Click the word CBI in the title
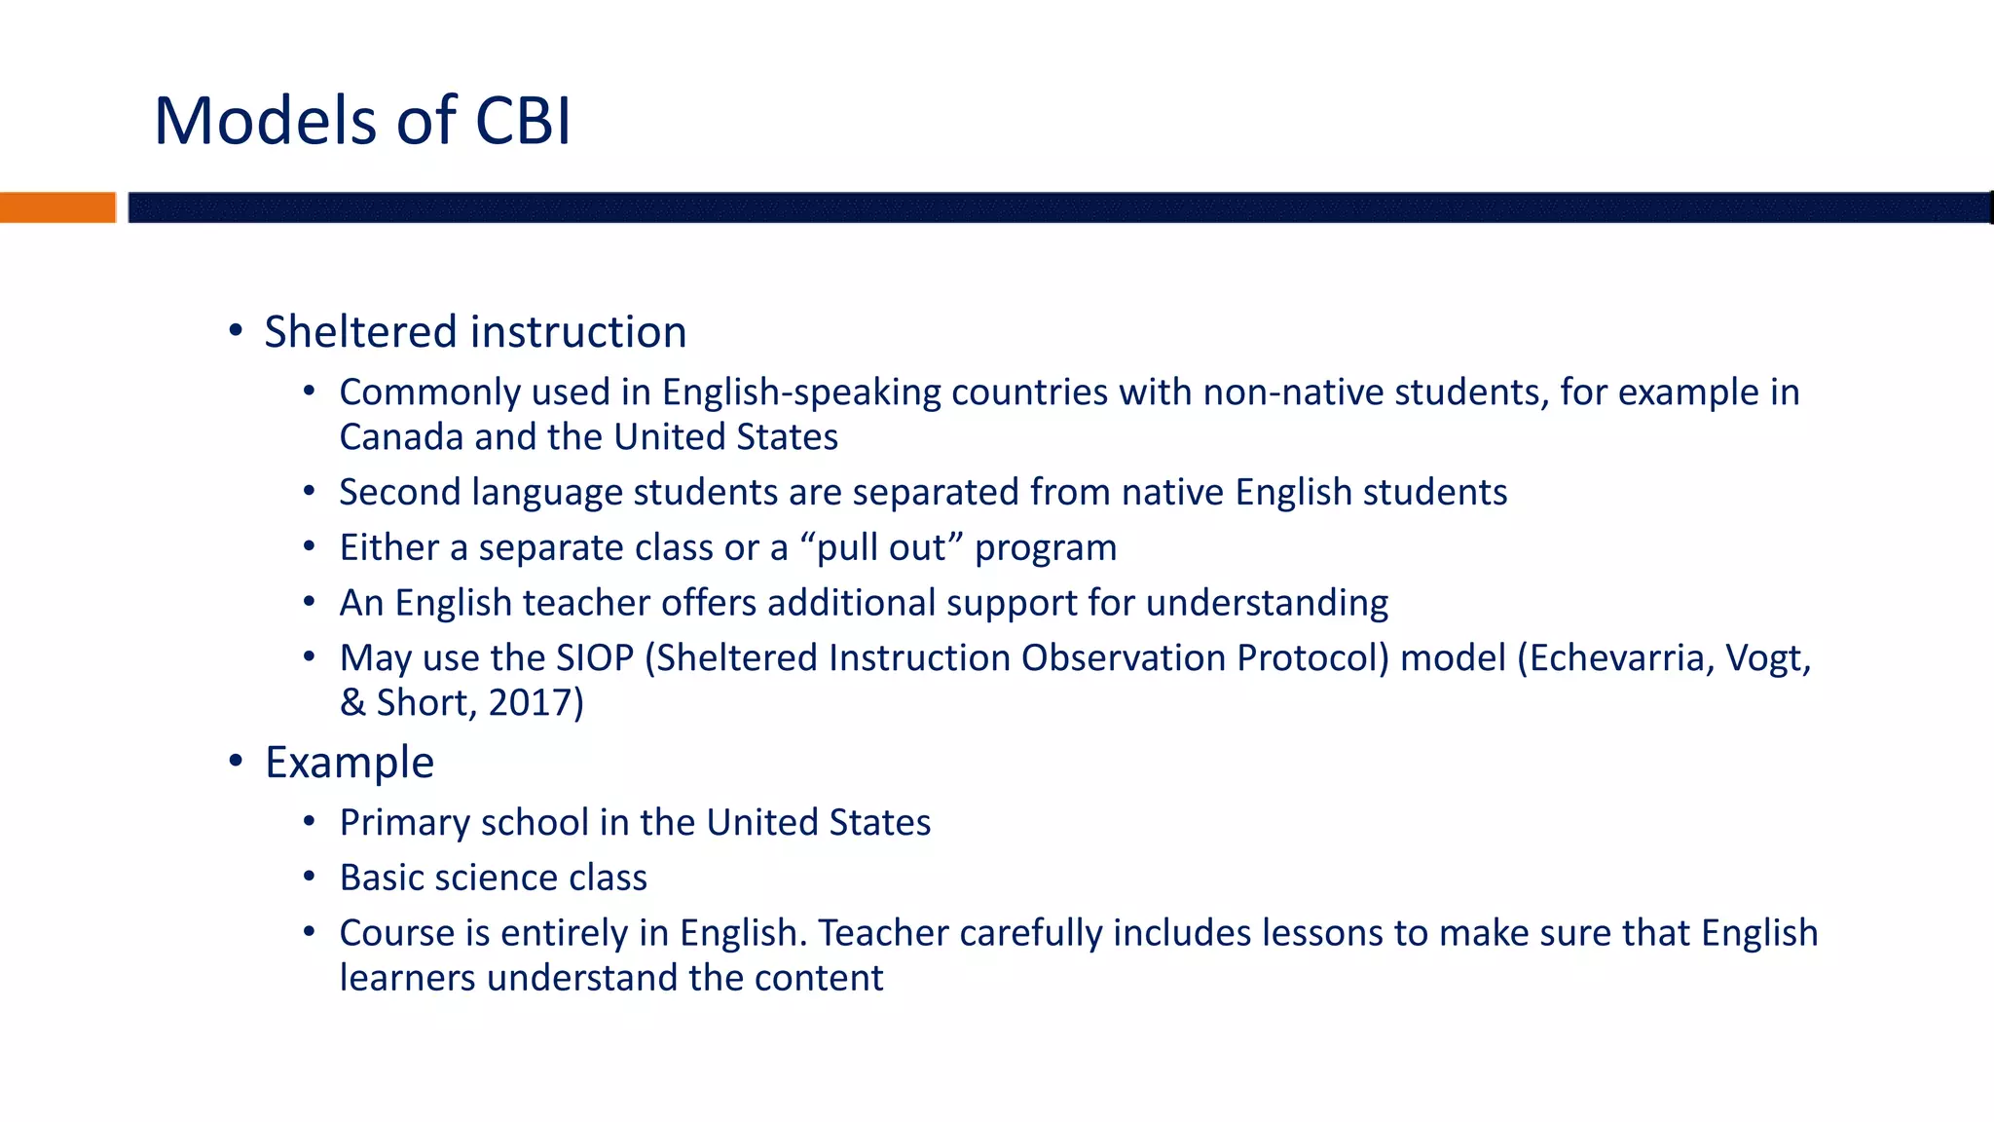[x=523, y=122]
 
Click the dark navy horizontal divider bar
[x=1059, y=207]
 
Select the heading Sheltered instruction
[x=475, y=332]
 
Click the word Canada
[x=401, y=437]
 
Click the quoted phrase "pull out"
[x=880, y=548]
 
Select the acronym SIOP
[x=595, y=658]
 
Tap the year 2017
[x=531, y=703]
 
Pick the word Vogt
[x=1765, y=658]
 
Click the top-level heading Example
[x=350, y=763]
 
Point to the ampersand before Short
[x=352, y=703]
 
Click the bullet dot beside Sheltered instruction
[x=236, y=331]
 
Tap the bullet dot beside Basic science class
[x=310, y=878]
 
